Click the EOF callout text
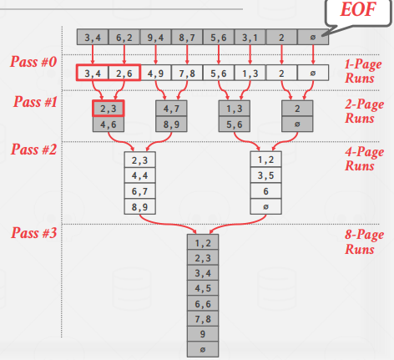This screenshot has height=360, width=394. [358, 9]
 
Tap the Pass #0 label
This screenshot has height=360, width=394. [33, 62]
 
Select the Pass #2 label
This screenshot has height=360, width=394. [33, 150]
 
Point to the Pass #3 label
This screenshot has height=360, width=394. [33, 232]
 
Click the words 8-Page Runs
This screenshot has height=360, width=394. [364, 241]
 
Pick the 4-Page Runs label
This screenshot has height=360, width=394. [364, 159]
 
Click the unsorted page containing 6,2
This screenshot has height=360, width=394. [124, 37]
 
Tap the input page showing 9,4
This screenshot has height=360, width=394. [155, 37]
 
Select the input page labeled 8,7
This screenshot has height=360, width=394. [187, 37]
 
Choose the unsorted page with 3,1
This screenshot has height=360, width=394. [250, 37]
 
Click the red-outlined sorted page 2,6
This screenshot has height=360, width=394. [124, 73]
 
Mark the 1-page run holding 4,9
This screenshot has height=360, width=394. [155, 73]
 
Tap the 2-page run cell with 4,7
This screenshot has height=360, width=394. [171, 109]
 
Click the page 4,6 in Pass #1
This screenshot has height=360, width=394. [109, 124]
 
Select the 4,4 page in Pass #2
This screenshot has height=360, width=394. [139, 175]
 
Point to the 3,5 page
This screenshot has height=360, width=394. [265, 175]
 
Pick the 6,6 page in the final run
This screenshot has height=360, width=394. [203, 304]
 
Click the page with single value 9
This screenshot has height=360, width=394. [203, 334]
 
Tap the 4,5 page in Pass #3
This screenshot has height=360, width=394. [203, 288]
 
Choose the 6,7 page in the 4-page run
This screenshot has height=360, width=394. [139, 191]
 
